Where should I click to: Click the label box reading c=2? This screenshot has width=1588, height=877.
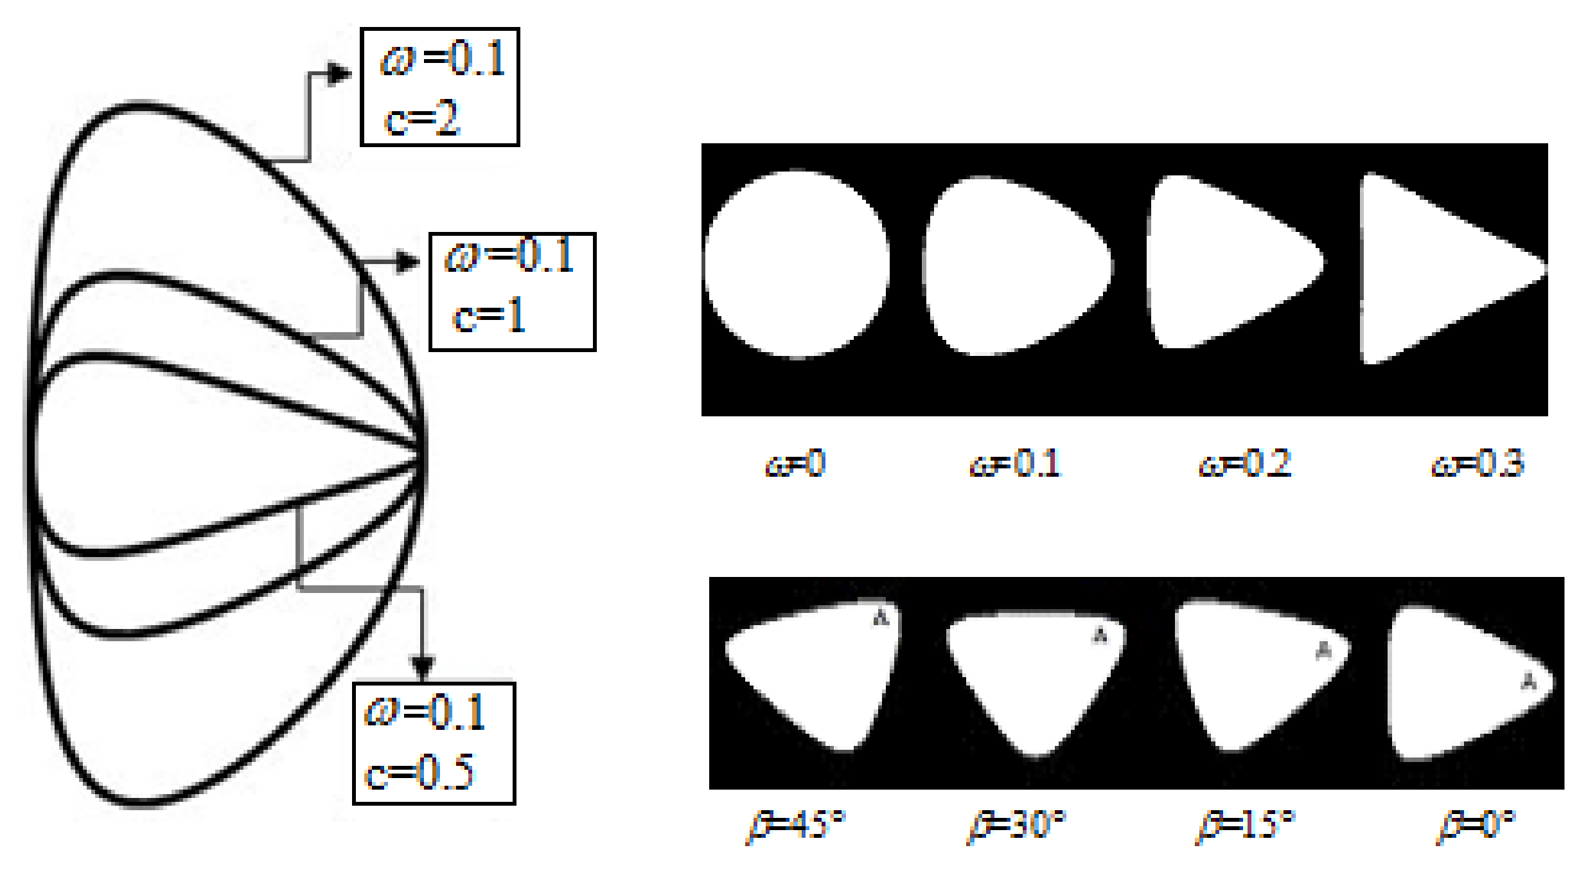(x=440, y=87)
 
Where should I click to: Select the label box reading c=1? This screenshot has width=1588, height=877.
(x=512, y=292)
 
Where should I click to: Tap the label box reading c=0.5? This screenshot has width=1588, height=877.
(x=434, y=743)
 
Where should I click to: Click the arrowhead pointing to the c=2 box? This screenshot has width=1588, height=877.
(x=340, y=73)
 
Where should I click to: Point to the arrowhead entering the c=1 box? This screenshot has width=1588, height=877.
(x=408, y=261)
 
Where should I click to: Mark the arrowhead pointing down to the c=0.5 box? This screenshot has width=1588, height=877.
(x=422, y=668)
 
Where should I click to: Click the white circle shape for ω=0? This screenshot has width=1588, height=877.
(x=797, y=264)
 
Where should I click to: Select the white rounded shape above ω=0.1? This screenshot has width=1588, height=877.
(x=1015, y=267)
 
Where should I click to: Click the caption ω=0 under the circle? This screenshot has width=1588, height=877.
(x=795, y=463)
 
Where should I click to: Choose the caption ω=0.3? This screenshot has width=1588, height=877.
(x=1478, y=463)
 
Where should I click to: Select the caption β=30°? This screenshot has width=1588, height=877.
(x=1017, y=826)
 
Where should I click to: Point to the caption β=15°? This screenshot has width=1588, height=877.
(x=1246, y=826)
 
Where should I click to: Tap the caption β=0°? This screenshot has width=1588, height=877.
(x=1476, y=826)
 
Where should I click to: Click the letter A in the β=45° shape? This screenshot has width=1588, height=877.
(x=881, y=618)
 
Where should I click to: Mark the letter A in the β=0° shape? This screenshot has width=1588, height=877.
(x=1529, y=681)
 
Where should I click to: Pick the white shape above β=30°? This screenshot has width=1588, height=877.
(x=1034, y=675)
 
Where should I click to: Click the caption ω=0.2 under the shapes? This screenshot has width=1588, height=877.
(x=1245, y=463)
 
